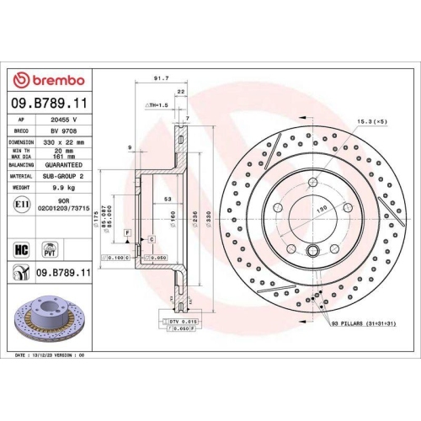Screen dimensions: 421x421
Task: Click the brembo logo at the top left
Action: click(47, 80)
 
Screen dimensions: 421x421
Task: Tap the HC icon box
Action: click(22, 248)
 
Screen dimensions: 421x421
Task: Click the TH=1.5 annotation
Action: click(159, 105)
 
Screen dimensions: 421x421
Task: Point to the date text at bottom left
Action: click(51, 356)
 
